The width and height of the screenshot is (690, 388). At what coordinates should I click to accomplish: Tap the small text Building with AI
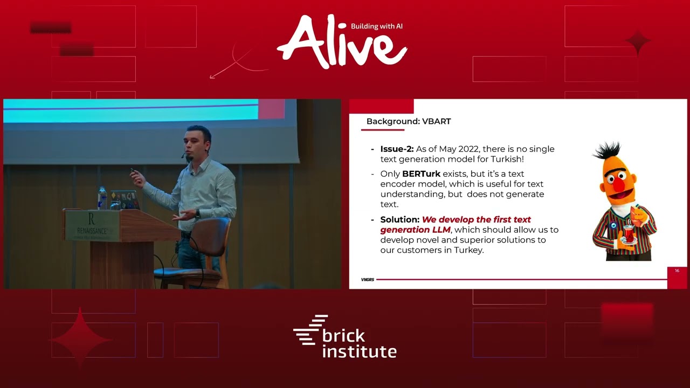pos(377,26)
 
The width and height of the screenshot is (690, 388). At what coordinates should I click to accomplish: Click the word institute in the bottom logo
pos(359,352)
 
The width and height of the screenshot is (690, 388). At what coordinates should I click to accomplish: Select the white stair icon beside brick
pos(310,330)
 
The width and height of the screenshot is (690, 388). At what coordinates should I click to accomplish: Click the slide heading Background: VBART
pos(408,121)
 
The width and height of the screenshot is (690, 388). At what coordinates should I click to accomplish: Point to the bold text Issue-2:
pos(397,149)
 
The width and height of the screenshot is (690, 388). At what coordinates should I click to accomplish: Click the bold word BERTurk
pos(421,174)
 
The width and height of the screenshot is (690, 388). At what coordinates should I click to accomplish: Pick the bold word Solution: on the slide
pos(399,219)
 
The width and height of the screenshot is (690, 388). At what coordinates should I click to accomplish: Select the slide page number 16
pos(677,271)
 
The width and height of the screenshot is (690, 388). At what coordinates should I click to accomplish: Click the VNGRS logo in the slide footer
pos(368,280)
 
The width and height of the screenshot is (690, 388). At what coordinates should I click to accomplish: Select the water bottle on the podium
pos(102,198)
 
